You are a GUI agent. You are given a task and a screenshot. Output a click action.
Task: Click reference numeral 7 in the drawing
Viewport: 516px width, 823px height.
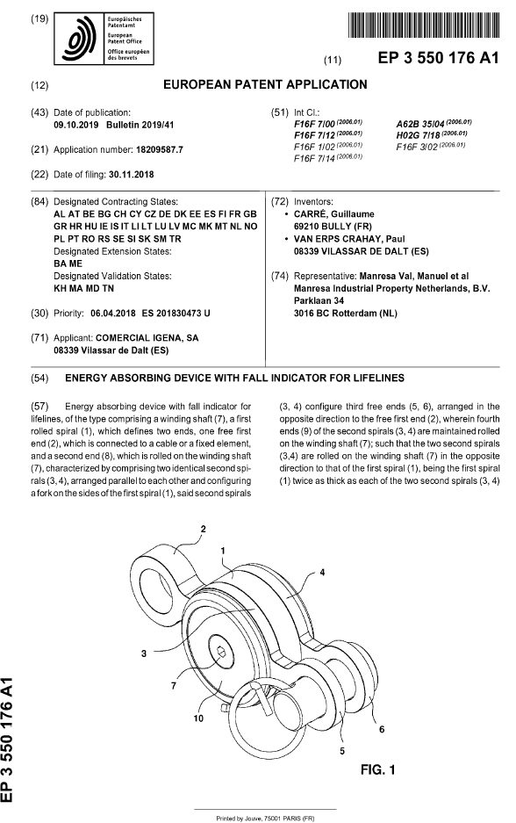(198, 682)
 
